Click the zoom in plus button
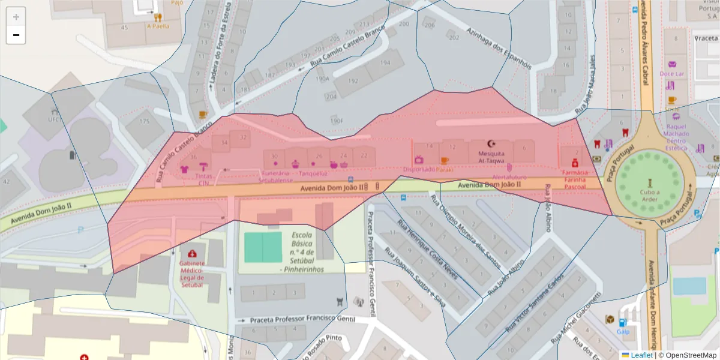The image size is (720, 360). tap(16, 17)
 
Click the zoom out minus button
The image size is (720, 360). tap(16, 35)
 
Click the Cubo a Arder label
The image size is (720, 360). tap(649, 196)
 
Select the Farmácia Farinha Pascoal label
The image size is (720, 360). tap(575, 179)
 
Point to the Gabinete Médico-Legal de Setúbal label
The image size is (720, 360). tap(191, 274)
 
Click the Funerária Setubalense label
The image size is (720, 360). tap(276, 176)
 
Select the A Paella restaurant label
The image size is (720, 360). tap(158, 26)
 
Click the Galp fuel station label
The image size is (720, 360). tap(623, 331)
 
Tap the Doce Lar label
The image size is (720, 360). tap(671, 74)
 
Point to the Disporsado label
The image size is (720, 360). tap(419, 169)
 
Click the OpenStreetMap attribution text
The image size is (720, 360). tap(687, 355)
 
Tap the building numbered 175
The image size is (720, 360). tap(144, 121)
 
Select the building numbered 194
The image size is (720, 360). tap(385, 62)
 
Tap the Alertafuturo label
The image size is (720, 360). tap(509, 178)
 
